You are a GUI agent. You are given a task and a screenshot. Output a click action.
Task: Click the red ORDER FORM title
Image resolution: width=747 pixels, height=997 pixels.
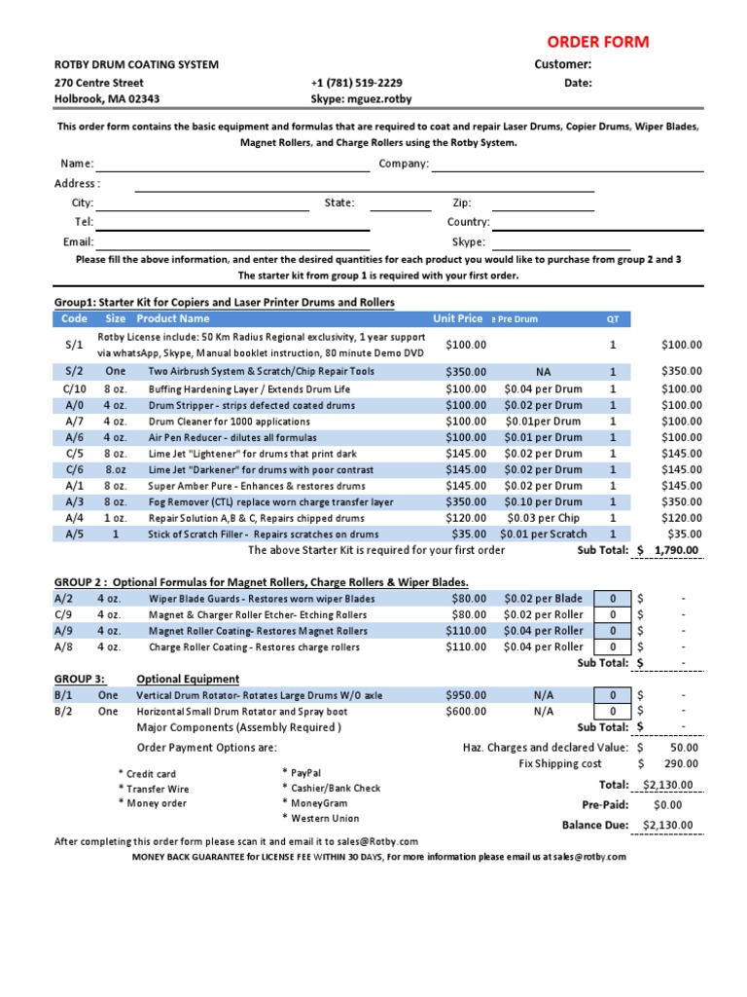coord(597,42)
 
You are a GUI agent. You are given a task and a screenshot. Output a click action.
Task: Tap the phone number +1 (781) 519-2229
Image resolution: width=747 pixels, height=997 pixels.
coord(356,83)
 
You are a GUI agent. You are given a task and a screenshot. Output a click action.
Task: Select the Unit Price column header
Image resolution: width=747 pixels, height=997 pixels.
coord(457,318)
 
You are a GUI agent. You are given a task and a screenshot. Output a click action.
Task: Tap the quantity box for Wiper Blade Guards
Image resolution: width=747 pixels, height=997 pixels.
coord(613,599)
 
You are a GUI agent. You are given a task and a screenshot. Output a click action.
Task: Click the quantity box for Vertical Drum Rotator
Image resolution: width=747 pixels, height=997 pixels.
coord(613,695)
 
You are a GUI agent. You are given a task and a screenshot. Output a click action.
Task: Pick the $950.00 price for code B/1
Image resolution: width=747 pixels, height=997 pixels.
coord(466,695)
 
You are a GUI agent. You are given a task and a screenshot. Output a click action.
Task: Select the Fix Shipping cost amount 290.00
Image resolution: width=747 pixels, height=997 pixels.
coord(681,764)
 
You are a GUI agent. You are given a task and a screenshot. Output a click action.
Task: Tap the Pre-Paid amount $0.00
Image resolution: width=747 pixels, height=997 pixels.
coord(667,805)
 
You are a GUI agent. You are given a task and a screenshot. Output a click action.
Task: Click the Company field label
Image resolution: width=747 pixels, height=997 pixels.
coord(404,164)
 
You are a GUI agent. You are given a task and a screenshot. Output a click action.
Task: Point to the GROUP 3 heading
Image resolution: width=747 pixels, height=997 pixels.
coord(80,679)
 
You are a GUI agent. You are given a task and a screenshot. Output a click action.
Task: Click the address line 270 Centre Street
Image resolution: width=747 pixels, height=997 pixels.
coord(99,83)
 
